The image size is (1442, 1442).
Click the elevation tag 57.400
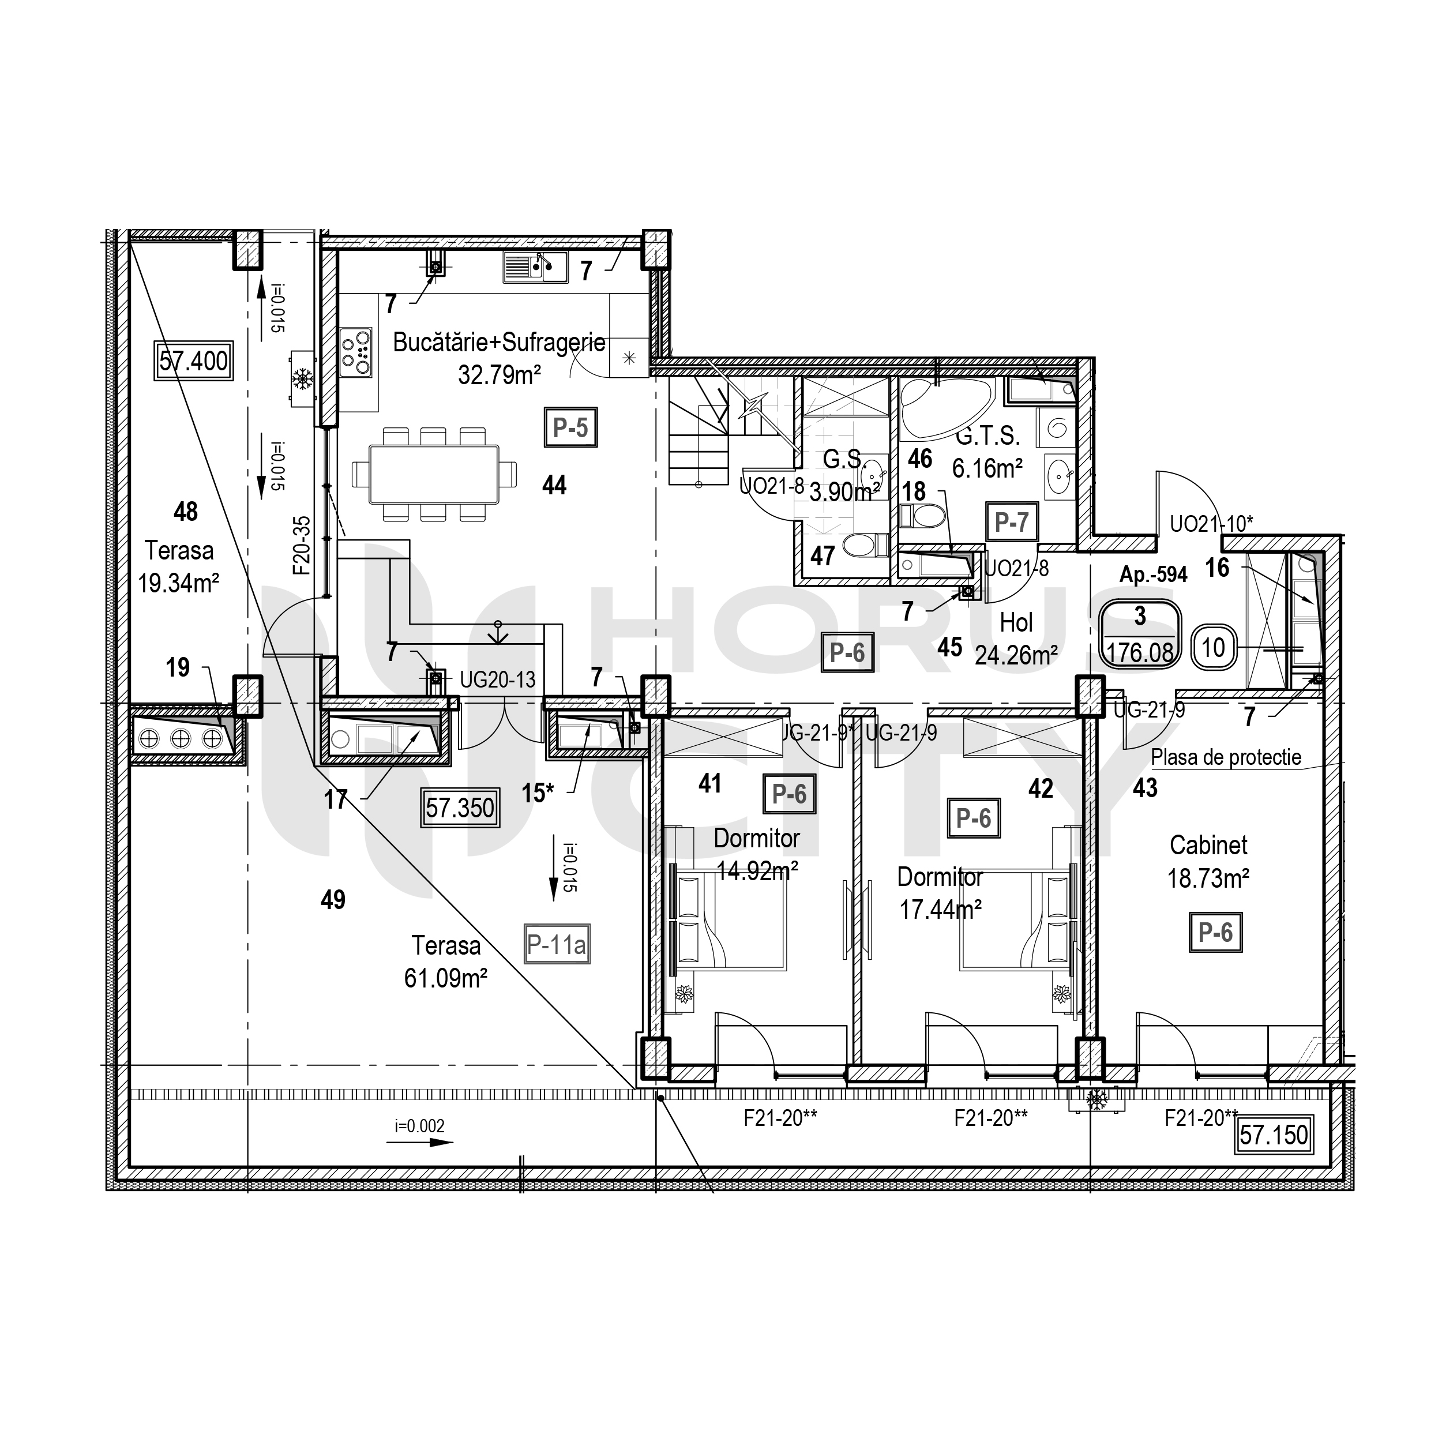click(x=193, y=361)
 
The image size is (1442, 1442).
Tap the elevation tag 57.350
click(x=460, y=808)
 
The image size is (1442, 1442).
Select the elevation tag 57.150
click(x=1274, y=1135)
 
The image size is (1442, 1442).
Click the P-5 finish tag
click(x=570, y=427)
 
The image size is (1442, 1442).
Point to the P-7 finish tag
click(x=1011, y=522)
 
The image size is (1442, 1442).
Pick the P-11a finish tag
click(x=557, y=945)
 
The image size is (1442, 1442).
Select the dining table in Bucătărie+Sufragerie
click(x=434, y=474)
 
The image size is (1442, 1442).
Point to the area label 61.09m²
click(x=446, y=978)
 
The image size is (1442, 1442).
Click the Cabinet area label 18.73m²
click(x=1208, y=878)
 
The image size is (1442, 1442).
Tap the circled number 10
click(x=1213, y=647)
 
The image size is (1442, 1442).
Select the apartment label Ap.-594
click(x=1153, y=574)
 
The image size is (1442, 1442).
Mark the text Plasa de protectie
click(x=1226, y=757)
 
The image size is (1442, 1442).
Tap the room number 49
click(x=333, y=899)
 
